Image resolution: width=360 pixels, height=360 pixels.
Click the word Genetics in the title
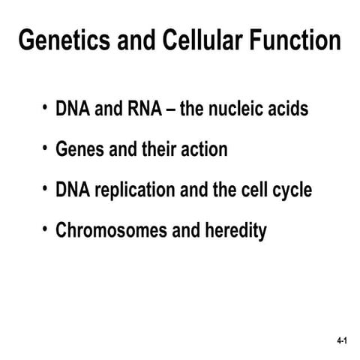click(56, 40)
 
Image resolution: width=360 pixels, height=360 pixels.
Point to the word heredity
click(235, 231)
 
